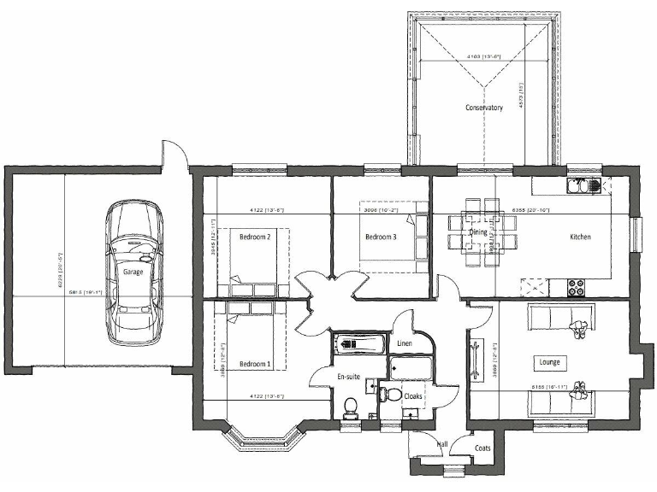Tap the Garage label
pyautogui.click(x=133, y=272)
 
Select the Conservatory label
pyautogui.click(x=483, y=108)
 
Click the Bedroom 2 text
pyautogui.click(x=255, y=237)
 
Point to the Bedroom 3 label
pyautogui.click(x=380, y=237)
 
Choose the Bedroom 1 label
pyautogui.click(x=255, y=365)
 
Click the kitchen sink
pyautogui.click(x=585, y=184)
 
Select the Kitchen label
pyautogui.click(x=581, y=237)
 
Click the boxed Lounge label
pyautogui.click(x=549, y=362)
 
